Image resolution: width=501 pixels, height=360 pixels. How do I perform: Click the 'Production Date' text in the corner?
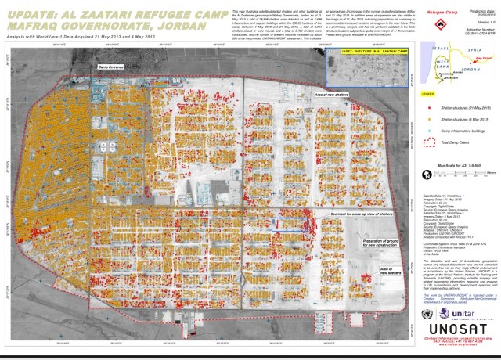[x=477, y=5]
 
